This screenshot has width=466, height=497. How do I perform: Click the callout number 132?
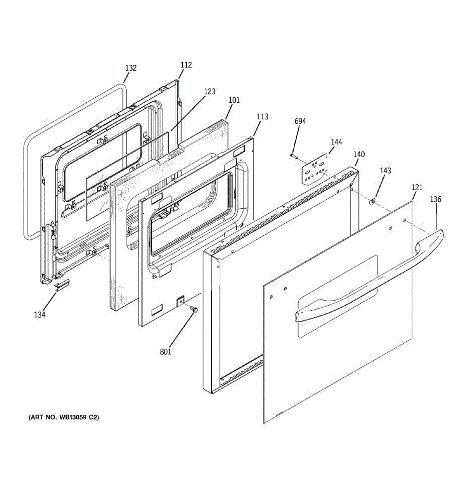[x=131, y=68]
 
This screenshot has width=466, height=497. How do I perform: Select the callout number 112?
[x=186, y=65]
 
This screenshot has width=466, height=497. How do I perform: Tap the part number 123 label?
[x=210, y=92]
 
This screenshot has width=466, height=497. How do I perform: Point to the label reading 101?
[x=234, y=100]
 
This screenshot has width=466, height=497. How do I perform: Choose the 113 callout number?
[x=262, y=117]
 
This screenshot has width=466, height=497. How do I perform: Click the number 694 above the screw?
[x=300, y=121]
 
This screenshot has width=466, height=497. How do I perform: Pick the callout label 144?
[x=336, y=142]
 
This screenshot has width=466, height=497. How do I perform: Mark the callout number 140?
[x=359, y=154]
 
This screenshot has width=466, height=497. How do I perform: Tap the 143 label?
[x=385, y=171]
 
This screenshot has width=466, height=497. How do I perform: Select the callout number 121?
[x=417, y=188]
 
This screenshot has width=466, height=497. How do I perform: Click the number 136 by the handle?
[x=435, y=199]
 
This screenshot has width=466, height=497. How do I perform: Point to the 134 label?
[x=40, y=315]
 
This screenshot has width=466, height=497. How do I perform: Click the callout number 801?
[x=165, y=352]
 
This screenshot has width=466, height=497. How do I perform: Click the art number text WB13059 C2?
[x=64, y=417]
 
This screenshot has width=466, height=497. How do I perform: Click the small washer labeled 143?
[x=372, y=202]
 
